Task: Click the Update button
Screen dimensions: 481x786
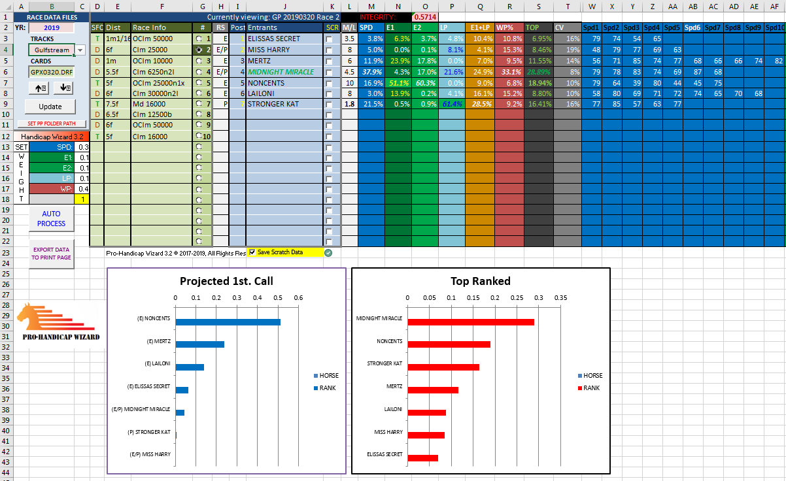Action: click(x=50, y=107)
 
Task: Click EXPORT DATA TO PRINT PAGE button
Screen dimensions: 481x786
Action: click(x=50, y=254)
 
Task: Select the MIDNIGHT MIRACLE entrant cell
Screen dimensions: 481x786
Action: click(x=281, y=72)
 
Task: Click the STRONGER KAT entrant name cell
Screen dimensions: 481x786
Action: click(x=281, y=103)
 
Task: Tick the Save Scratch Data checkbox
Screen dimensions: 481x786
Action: click(x=252, y=252)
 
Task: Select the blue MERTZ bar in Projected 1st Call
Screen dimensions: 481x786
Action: click(x=199, y=344)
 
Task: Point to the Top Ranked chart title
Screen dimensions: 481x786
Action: click(x=481, y=281)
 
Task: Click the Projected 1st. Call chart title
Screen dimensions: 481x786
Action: click(x=226, y=281)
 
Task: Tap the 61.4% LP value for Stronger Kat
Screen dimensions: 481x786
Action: click(x=451, y=103)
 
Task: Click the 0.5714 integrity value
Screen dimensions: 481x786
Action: click(x=425, y=17)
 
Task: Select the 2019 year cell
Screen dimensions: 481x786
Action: click(x=50, y=28)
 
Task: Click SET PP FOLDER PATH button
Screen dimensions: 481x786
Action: click(x=50, y=124)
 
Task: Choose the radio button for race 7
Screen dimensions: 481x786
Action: click(x=199, y=103)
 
